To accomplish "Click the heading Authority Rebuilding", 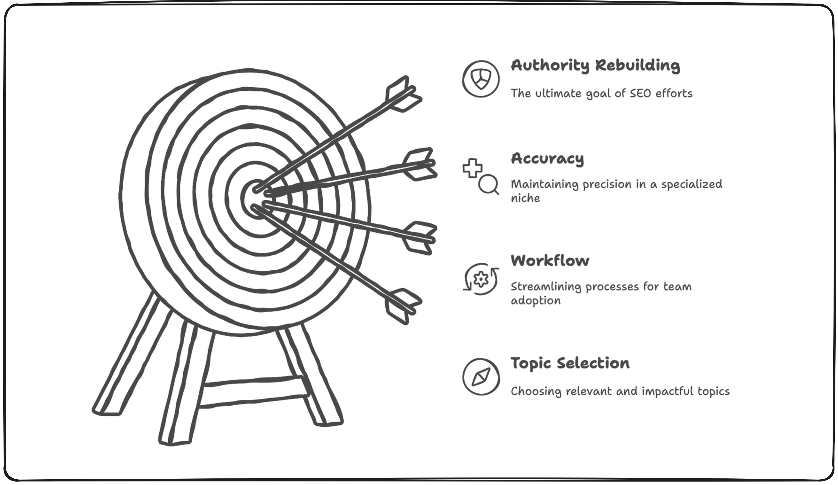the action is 595,66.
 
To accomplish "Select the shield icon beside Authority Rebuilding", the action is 481,79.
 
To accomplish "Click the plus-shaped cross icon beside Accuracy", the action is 473,168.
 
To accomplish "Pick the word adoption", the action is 535,301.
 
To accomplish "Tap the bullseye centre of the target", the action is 256,199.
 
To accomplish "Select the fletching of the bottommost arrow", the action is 402,306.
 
